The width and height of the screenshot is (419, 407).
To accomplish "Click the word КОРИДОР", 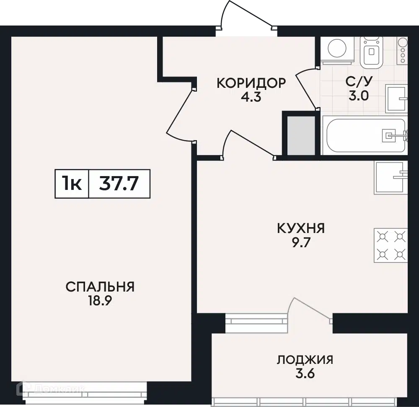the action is [x=251, y=83].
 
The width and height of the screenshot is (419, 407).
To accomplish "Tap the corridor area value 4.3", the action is [x=251, y=97].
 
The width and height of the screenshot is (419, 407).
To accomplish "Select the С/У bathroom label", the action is [x=359, y=81].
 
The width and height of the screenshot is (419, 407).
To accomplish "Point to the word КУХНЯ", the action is [x=301, y=228].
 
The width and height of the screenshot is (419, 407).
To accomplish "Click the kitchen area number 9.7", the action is [x=301, y=243].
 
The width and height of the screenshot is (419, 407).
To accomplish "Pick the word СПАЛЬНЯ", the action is [x=100, y=287].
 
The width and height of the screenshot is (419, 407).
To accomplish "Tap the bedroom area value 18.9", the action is [x=100, y=301].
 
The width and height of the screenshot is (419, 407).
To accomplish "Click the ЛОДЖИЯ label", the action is [x=305, y=360].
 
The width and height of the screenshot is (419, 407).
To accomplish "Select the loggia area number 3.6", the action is [x=305, y=374].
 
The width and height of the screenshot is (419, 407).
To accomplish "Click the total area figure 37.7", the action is [x=119, y=184].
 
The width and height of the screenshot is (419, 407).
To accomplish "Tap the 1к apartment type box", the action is [x=72, y=184].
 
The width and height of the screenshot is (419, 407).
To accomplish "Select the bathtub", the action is [x=365, y=136].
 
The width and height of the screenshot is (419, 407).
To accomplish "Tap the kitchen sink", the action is [x=391, y=177].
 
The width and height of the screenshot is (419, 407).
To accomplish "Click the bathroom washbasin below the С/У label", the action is [x=396, y=99].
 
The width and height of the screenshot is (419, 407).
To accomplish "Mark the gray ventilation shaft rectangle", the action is [x=301, y=136].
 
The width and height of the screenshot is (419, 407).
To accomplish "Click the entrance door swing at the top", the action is [x=247, y=15].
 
